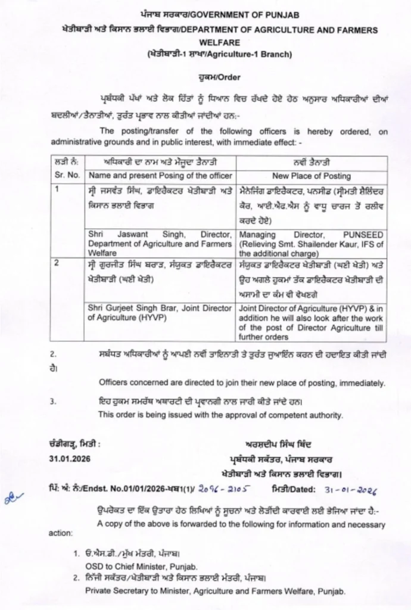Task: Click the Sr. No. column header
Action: [x=66, y=176]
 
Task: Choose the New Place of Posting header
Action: [x=312, y=176]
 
